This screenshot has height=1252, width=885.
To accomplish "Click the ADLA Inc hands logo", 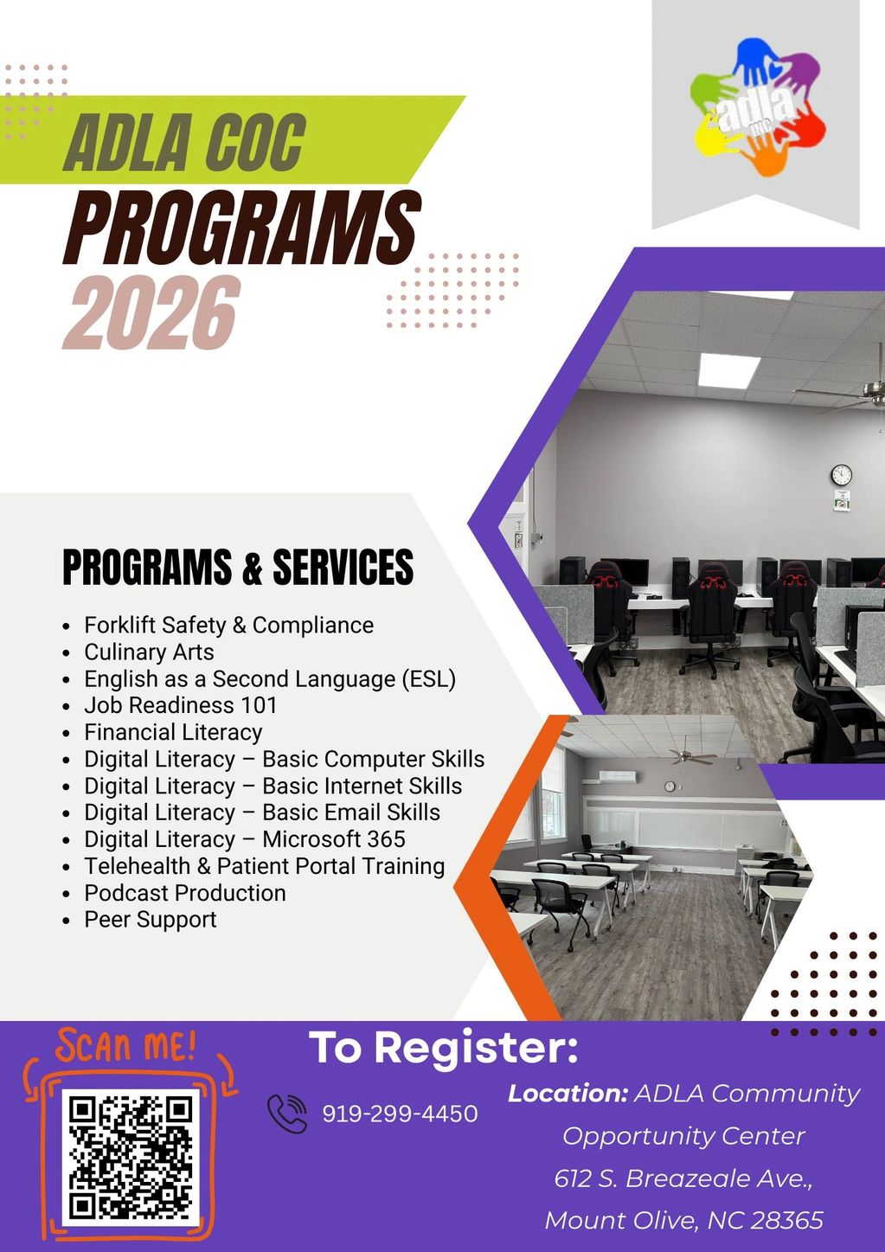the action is coord(758,106).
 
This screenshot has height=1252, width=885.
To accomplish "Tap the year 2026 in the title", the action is coord(151,313).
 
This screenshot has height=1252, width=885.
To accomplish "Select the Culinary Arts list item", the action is coord(149,652).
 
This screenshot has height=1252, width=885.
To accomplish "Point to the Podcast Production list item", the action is coord(185,893).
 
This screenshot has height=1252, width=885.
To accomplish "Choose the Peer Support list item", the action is coord(151,920).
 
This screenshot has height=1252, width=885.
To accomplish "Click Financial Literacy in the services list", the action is coord(173,732).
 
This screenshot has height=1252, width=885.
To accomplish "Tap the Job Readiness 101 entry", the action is coord(181,705).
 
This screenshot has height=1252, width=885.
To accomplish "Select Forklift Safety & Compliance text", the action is coord(229,625).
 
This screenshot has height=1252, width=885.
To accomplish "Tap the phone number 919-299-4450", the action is coord(400,1114).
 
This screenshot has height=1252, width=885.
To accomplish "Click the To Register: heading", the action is coord(444,1048).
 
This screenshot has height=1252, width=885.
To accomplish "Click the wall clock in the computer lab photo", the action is coord(842,475).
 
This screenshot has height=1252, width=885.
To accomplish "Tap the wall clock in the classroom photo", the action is coord(670,787).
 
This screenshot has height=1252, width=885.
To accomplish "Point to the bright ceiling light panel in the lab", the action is coord(728,370).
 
